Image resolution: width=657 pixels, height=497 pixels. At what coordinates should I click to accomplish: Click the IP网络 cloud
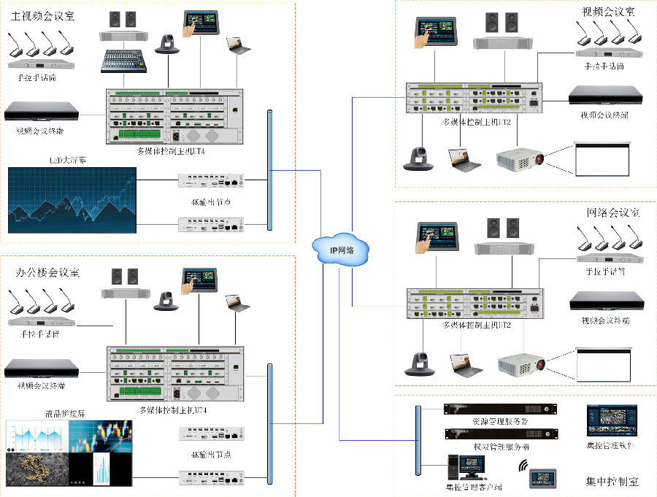point(341,250)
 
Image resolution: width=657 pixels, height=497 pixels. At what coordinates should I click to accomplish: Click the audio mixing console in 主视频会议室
point(125,61)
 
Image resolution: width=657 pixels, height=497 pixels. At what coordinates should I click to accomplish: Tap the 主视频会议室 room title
point(42,15)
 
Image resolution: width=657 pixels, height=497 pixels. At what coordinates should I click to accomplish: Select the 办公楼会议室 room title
point(47,272)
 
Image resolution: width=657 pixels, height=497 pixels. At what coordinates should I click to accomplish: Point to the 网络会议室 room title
point(613,212)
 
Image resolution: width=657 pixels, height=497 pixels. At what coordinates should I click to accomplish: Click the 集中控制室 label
point(612,482)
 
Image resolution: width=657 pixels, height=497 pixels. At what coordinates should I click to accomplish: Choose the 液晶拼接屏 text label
point(66,413)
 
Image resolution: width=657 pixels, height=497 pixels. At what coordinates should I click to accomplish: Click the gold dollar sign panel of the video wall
point(36,467)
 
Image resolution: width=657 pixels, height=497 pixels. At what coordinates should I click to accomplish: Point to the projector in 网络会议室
point(521,363)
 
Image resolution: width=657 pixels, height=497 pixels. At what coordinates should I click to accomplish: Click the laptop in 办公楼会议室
point(237,303)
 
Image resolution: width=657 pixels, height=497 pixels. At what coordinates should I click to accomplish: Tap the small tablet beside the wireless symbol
point(545,478)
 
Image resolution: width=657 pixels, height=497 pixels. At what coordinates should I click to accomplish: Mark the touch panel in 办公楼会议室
point(200,280)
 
